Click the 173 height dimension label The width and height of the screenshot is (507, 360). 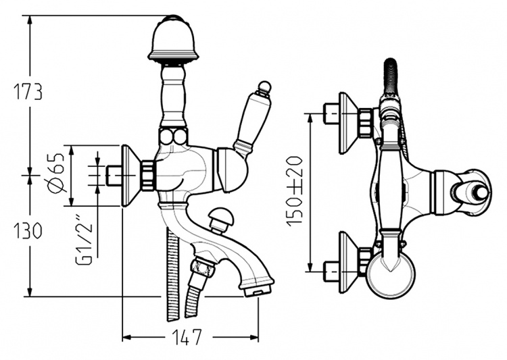tap(28, 92)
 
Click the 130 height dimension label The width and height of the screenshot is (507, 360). tap(28, 231)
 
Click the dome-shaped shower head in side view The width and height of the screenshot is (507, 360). tap(172, 38)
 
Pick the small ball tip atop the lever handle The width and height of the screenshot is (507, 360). tap(264, 87)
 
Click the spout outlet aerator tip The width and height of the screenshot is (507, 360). tap(258, 291)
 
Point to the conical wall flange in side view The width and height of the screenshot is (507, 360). tap(131, 176)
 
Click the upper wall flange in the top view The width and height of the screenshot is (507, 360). tap(348, 123)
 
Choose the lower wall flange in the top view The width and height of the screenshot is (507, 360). tap(348, 263)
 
